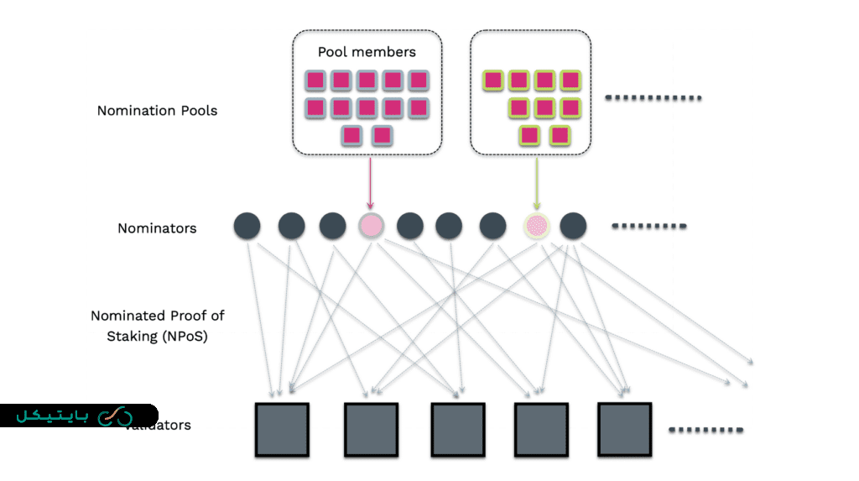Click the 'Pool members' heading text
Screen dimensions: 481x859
[x=367, y=52]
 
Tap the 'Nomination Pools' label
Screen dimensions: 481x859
[x=157, y=110]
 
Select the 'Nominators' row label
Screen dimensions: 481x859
[x=157, y=227]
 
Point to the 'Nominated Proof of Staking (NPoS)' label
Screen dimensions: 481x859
[x=158, y=326]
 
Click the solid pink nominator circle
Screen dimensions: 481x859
[x=371, y=225]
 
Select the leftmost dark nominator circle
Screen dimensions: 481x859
[x=247, y=225]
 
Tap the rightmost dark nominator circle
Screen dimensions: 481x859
[x=573, y=225]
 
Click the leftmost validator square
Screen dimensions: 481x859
[x=282, y=429]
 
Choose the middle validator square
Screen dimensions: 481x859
[x=457, y=429]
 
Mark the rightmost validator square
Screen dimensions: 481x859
[x=625, y=428]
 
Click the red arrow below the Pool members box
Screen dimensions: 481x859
[x=370, y=182]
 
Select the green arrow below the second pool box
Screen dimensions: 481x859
[x=535, y=182]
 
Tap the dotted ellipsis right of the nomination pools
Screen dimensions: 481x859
[x=653, y=98]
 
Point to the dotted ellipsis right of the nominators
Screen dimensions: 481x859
[x=649, y=227]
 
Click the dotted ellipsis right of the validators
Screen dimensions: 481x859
[x=705, y=431]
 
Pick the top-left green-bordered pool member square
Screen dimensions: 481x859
[x=493, y=81]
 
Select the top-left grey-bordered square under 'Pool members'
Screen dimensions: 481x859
[x=315, y=81]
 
